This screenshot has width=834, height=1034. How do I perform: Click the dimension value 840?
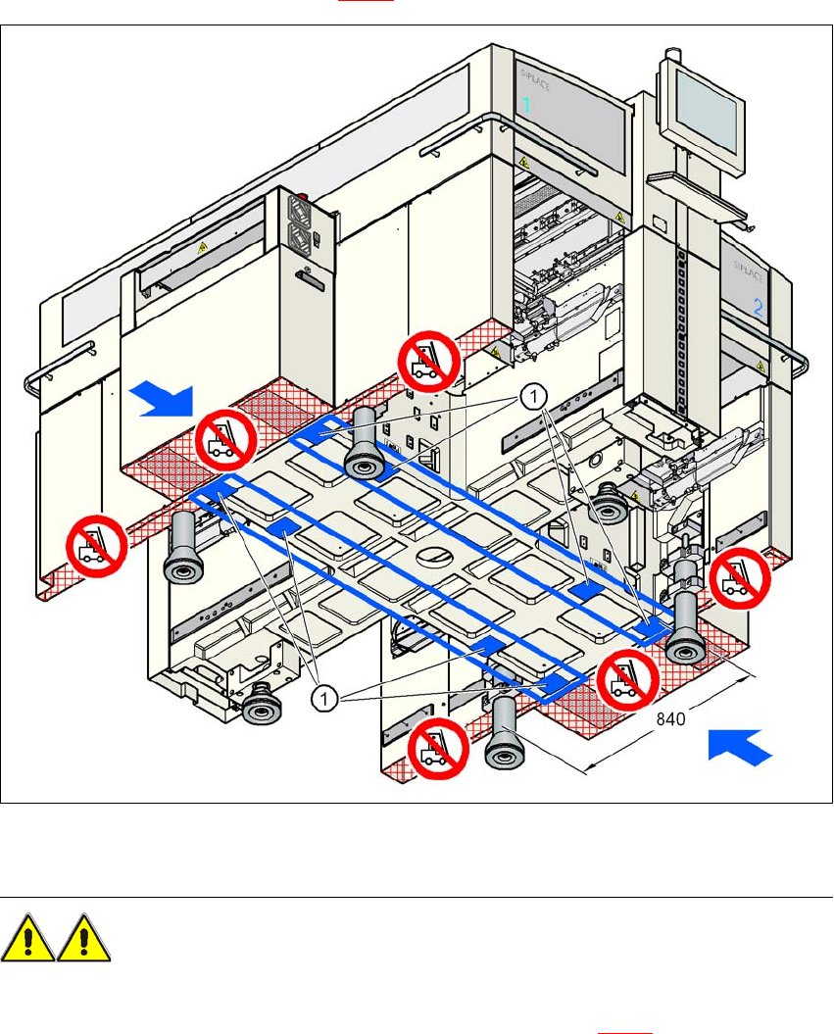click(671, 718)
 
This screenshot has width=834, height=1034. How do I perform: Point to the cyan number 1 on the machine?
click(526, 106)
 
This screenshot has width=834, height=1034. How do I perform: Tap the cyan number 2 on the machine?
click(758, 306)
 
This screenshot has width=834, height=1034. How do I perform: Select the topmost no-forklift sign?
click(429, 360)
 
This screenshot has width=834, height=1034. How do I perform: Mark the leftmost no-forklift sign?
click(96, 546)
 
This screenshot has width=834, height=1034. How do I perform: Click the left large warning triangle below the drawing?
click(27, 939)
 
